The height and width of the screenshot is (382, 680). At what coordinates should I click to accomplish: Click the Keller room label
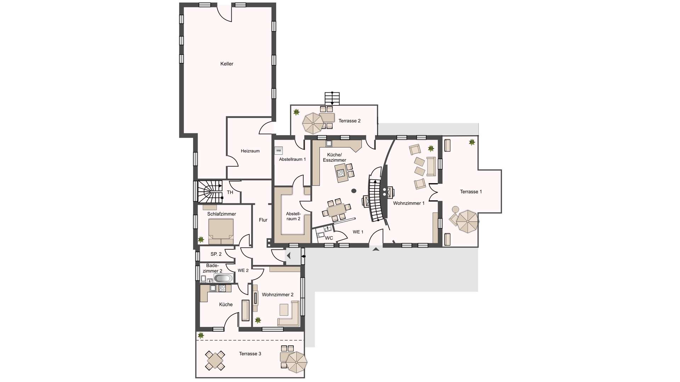(x=227, y=64)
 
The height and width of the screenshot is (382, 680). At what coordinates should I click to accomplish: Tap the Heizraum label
(x=250, y=151)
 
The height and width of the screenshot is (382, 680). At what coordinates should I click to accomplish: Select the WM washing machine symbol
(x=279, y=151)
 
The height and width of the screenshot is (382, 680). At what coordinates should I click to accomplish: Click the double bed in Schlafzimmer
(x=221, y=232)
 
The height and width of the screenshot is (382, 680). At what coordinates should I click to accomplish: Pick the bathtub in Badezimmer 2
(x=223, y=278)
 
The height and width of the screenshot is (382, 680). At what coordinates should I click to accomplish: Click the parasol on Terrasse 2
(x=313, y=123)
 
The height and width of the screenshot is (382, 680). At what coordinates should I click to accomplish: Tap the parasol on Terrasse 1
(x=467, y=221)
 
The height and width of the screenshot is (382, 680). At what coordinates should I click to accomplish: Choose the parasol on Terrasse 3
(x=296, y=362)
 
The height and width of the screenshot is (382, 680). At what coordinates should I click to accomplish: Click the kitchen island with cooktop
(x=341, y=173)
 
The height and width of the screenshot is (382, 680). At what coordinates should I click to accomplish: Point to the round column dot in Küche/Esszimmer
(x=354, y=191)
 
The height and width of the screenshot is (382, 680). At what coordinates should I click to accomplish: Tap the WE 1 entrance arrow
(x=376, y=249)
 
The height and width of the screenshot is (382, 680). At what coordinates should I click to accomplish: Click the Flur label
(x=263, y=220)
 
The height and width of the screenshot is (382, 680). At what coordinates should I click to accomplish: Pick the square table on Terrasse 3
(x=215, y=360)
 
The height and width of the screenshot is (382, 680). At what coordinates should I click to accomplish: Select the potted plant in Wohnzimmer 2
(x=258, y=320)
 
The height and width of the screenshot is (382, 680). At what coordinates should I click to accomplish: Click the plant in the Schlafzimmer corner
(x=201, y=239)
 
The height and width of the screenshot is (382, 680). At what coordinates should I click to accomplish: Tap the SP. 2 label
(x=216, y=254)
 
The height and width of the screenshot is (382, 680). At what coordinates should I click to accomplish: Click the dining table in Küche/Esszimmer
(x=336, y=210)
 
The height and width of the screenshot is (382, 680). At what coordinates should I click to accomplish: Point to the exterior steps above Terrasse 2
(x=332, y=98)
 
